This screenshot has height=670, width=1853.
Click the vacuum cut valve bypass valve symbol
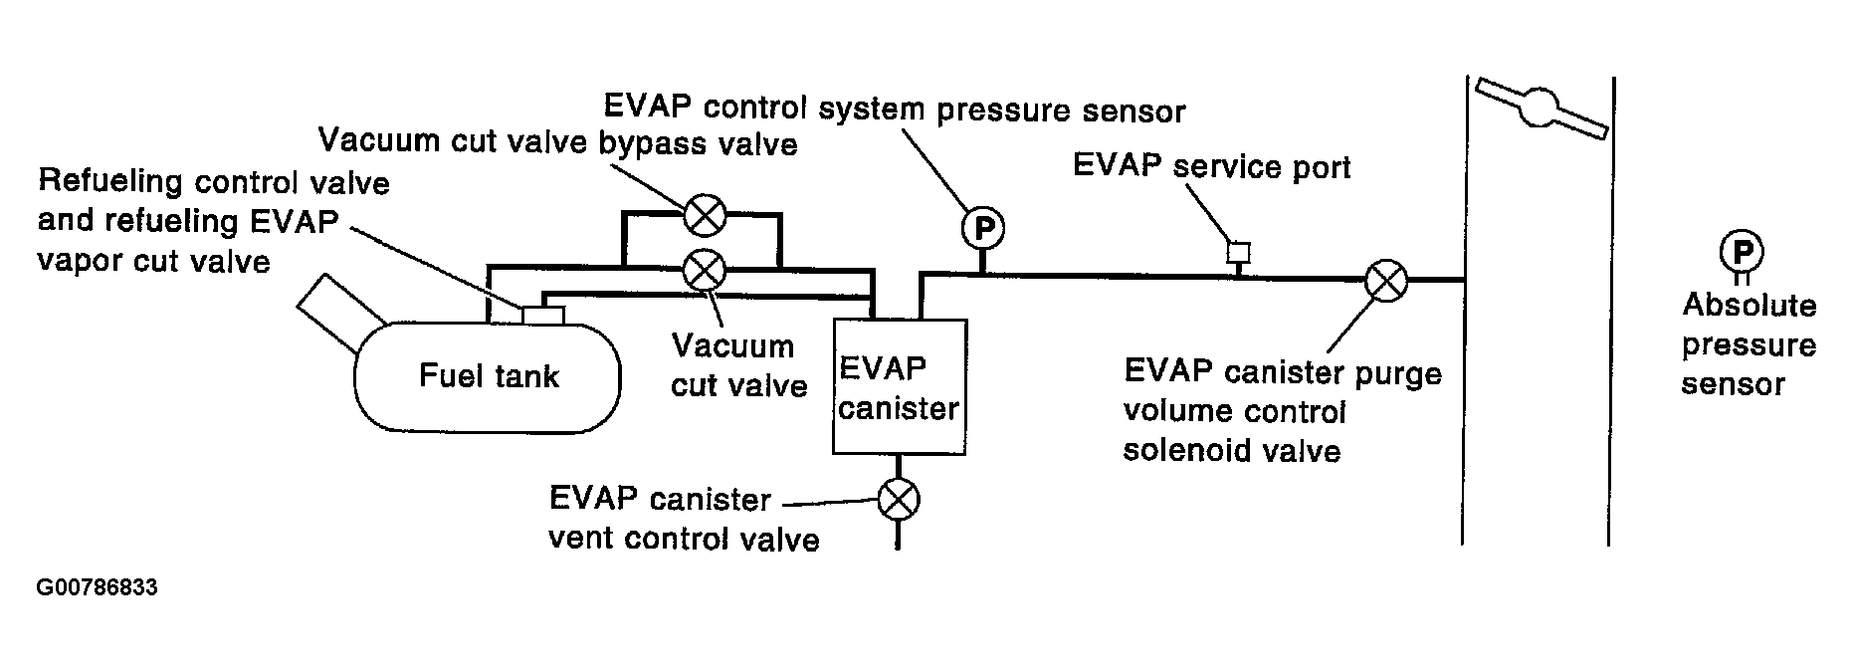click(706, 212)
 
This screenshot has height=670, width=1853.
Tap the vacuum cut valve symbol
click(706, 268)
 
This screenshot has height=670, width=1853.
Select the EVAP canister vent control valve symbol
click(899, 500)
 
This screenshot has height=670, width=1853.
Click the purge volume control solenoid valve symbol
click(1385, 281)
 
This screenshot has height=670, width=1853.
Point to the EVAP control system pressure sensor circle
click(983, 229)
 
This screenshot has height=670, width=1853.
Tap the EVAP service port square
click(1238, 252)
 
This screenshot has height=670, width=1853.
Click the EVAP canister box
click(899, 386)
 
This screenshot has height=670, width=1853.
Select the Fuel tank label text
click(489, 375)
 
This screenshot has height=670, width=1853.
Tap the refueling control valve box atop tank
click(543, 315)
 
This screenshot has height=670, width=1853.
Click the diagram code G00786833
click(97, 587)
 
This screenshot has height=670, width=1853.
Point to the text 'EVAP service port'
click(1211, 166)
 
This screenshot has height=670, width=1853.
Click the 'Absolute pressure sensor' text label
click(1749, 344)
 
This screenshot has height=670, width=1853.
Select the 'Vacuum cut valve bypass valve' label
click(557, 141)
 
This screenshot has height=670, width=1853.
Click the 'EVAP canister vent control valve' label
click(684, 519)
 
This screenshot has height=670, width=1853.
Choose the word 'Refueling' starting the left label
click(109, 182)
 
